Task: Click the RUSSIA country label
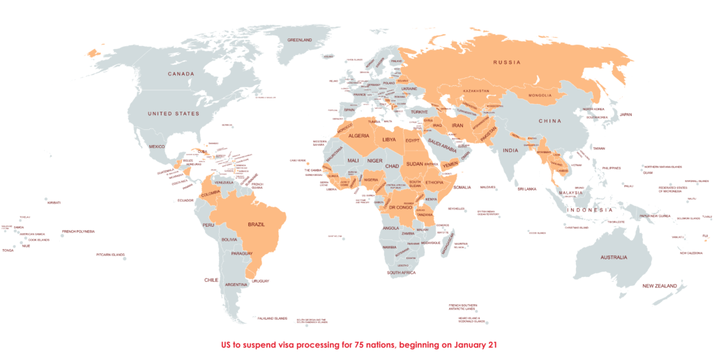(507, 62)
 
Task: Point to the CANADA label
(180, 73)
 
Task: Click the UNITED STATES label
(173, 114)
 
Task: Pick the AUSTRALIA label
(609, 257)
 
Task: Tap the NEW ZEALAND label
(660, 286)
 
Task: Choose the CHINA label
(549, 121)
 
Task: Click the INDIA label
(511, 151)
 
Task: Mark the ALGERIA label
(358, 136)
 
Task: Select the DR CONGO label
(401, 208)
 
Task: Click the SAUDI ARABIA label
(442, 142)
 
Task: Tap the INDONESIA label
(589, 210)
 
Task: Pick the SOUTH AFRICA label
(402, 272)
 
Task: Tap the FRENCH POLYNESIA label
(78, 232)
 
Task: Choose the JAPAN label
(626, 114)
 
